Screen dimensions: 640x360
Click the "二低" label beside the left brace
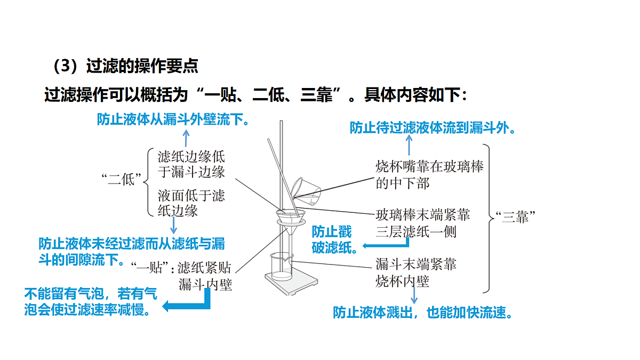pos(121,179)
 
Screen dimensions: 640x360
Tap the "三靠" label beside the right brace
pos(515,217)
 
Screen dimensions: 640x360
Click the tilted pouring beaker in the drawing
pos(306,191)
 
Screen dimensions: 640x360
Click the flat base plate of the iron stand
pos(291,282)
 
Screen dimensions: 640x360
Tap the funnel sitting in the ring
pos(290,223)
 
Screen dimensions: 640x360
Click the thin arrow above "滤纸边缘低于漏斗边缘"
pos(186,138)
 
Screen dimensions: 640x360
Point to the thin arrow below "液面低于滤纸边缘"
pos(173,226)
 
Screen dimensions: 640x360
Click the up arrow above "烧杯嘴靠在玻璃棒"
pos(409,145)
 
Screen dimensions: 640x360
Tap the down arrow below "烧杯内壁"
pos(414,295)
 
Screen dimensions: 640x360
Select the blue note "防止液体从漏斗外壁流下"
pos(173,119)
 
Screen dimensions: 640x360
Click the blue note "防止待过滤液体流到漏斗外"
pos(433,127)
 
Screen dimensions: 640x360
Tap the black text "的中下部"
pos(403,183)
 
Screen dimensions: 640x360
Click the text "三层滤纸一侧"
pos(416,231)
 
